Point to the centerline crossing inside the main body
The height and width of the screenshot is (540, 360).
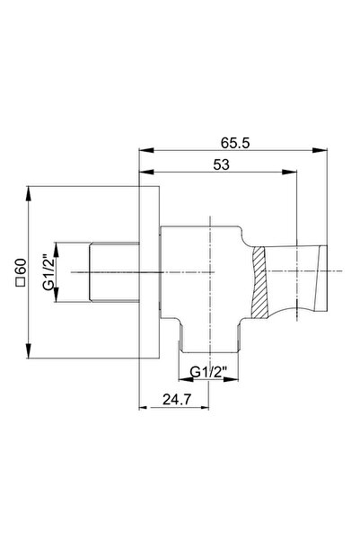(x=208, y=271)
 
